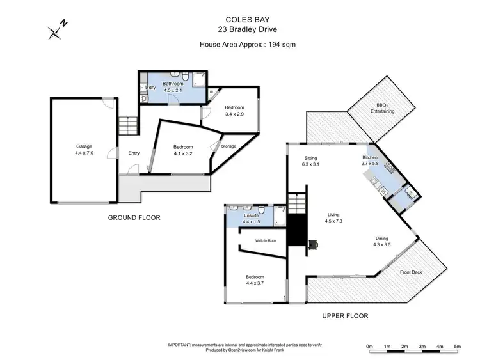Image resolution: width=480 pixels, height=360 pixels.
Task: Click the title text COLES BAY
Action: point(239,20)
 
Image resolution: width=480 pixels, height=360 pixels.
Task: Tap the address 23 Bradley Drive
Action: point(239,29)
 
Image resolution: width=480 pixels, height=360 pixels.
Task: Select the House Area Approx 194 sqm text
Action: point(239,44)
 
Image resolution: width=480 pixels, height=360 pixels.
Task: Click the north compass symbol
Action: point(56,30)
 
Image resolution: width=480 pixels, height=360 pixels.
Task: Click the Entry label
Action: point(134,153)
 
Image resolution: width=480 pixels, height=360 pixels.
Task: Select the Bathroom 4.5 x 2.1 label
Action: point(173,87)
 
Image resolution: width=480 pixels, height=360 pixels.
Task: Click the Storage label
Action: point(228,146)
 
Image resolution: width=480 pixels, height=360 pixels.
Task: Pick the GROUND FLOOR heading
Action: point(134,217)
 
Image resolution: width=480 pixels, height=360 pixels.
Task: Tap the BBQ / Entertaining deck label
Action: point(382,107)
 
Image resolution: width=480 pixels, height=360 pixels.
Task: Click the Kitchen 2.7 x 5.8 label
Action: point(371,160)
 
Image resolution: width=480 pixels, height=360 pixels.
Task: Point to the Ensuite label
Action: point(252,216)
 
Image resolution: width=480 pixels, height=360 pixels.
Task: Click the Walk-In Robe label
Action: point(266,240)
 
